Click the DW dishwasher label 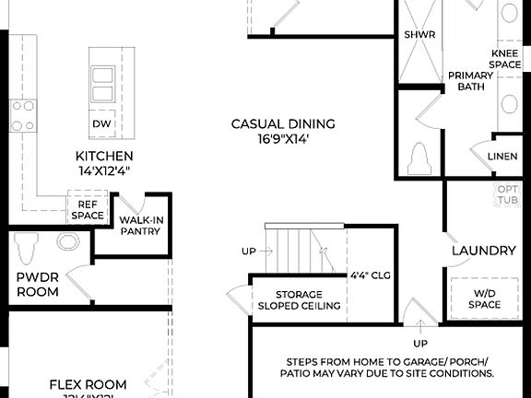pyautogui.click(x=102, y=123)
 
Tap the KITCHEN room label pyautogui.click(x=104, y=156)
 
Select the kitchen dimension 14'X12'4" pyautogui.click(x=104, y=170)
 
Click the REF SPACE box pyautogui.click(x=88, y=209)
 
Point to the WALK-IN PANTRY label pyautogui.click(x=140, y=226)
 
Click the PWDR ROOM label pyautogui.click(x=37, y=284)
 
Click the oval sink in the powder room pyautogui.click(x=68, y=241)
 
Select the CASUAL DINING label pyautogui.click(x=283, y=123)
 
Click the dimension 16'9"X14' pyautogui.click(x=283, y=138)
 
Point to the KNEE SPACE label pyautogui.click(x=505, y=59)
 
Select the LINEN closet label pyautogui.click(x=502, y=157)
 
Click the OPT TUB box pyautogui.click(x=508, y=194)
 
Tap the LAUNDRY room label pyautogui.click(x=483, y=251)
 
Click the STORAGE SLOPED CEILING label pyautogui.click(x=299, y=300)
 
